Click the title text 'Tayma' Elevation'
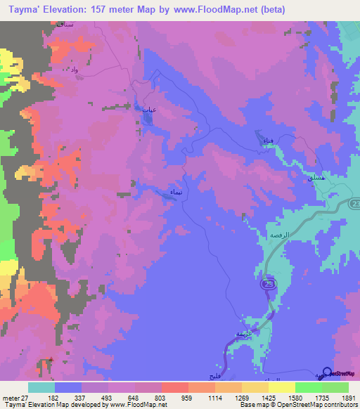[53, 10]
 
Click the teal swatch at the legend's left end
[41, 388]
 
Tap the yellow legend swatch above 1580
[282, 388]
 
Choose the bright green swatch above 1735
[309, 388]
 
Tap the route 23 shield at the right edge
[354, 203]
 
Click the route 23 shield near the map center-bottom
[267, 283]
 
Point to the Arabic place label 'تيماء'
[177, 192]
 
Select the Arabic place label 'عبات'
[148, 109]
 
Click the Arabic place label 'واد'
[73, 69]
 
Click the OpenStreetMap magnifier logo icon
[326, 372]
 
